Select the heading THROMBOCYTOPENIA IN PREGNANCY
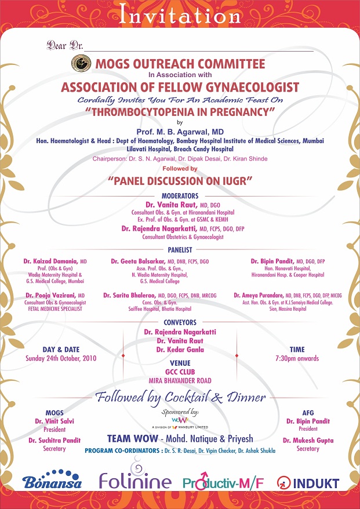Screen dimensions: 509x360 (179, 112)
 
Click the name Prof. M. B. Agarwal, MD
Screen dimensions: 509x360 (179, 133)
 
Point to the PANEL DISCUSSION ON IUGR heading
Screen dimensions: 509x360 (180, 181)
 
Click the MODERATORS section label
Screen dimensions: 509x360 (180, 196)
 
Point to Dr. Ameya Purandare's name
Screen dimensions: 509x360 (257, 296)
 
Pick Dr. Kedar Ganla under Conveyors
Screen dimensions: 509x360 (180, 350)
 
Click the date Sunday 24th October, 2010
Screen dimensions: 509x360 (61, 358)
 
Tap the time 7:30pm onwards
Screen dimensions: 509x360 (297, 358)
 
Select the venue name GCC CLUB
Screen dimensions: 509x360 (180, 372)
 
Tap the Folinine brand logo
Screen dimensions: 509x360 (134, 481)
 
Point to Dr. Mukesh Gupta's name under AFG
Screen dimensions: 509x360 (308, 441)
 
